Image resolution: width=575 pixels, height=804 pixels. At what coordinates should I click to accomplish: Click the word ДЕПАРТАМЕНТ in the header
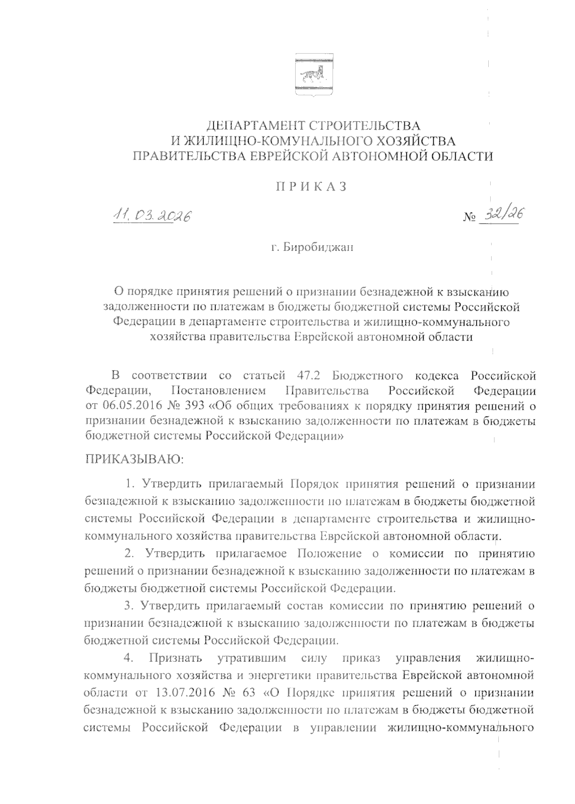[x=253, y=126]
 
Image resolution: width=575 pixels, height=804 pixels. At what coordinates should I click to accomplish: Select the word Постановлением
[x=218, y=390]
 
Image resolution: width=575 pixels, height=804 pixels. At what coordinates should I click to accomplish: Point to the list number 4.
[x=128, y=658]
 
